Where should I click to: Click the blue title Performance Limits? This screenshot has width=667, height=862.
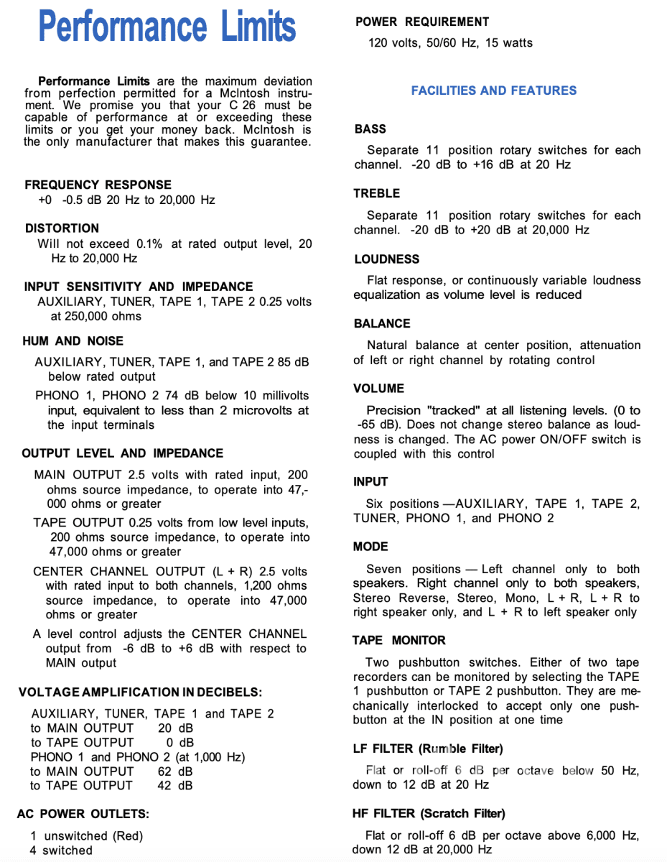coord(167,27)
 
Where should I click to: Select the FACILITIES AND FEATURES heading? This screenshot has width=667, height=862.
coord(493,91)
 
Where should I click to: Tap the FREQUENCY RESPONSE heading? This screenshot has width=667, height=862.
coord(98,185)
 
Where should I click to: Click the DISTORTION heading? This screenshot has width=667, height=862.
coord(62,228)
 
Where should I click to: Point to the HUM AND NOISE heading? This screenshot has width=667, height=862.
coord(73,340)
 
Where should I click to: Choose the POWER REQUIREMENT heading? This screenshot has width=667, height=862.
coord(421,22)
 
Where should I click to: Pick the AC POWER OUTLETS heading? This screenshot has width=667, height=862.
coord(83,814)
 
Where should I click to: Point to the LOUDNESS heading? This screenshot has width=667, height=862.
coord(386,259)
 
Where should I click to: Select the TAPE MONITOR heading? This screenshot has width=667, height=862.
coord(398,640)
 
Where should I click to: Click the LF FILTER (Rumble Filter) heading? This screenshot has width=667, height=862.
coord(428,749)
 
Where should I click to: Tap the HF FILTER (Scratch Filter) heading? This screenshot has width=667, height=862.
coord(429,813)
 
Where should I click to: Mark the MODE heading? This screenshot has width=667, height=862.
coord(370,547)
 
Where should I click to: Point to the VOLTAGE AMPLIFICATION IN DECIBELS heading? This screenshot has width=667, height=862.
coord(140,692)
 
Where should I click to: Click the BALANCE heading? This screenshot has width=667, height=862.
coord(382,324)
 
